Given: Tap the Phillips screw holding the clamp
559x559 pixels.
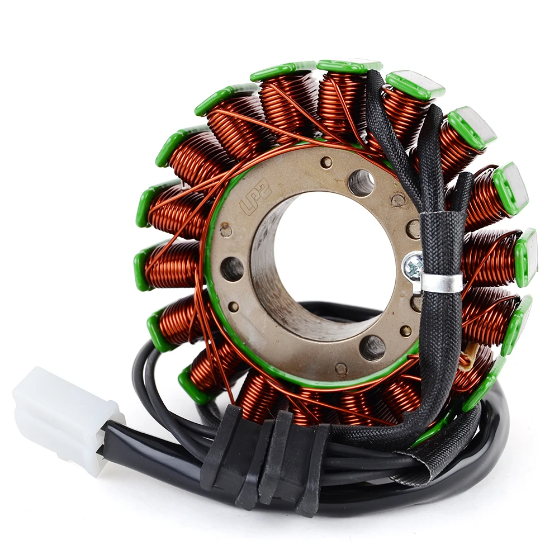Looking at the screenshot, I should coord(414,267).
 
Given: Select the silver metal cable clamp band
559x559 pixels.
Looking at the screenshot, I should coord(442,282).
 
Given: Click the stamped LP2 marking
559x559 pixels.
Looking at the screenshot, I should coord(255,198).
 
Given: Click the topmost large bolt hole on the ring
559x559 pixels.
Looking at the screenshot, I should coord(361,182).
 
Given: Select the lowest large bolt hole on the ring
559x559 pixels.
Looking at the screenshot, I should coord(372,348).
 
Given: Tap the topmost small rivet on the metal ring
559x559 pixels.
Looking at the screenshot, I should coord(326,162).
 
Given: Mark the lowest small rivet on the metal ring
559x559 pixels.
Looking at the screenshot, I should coord(340,369).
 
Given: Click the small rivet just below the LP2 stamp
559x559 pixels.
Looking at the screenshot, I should coord(226,230).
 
